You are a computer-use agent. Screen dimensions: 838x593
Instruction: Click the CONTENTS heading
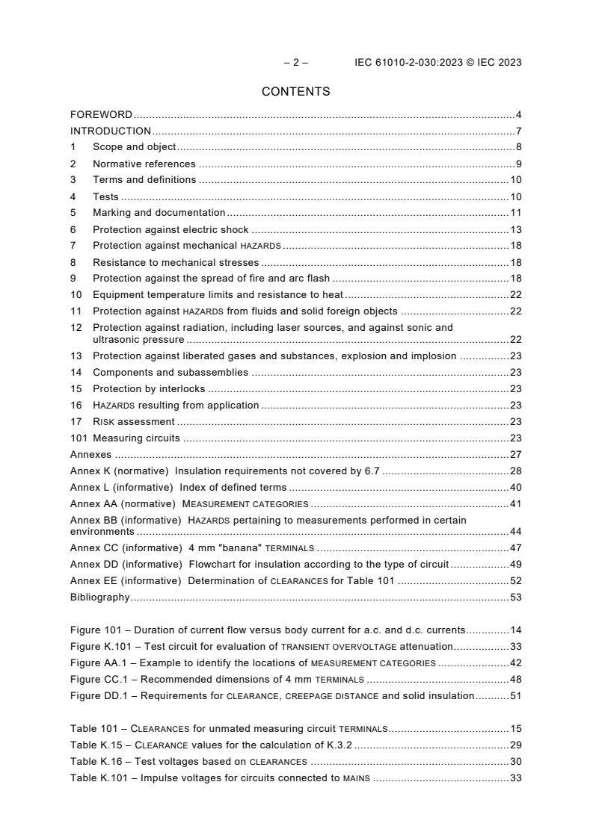coord(295,92)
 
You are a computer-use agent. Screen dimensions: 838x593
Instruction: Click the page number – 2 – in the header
coord(295,63)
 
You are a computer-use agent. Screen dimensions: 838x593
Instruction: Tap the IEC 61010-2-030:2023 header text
coord(437,63)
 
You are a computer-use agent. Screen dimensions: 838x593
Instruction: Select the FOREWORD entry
coord(101,115)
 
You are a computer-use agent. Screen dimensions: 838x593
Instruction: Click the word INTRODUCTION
coord(111,131)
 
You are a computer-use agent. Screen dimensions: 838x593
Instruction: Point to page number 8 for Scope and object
coord(518,147)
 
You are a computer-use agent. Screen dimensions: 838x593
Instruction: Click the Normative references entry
coord(144,164)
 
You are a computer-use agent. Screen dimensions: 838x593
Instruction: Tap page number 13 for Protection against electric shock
coord(516,229)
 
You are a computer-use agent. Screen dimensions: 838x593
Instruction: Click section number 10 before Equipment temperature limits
coord(76,295)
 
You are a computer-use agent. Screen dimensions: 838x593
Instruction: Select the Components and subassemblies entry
coord(170,372)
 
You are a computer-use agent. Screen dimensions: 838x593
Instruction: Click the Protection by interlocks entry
coord(149,388)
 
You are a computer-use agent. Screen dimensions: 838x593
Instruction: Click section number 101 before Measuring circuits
coord(79,438)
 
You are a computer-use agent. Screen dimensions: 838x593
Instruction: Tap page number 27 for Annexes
coord(516,454)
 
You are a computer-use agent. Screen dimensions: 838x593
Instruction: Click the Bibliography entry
coord(99,597)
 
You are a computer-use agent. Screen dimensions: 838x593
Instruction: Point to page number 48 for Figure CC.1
coord(516,679)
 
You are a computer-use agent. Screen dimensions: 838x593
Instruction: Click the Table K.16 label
coord(95,761)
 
